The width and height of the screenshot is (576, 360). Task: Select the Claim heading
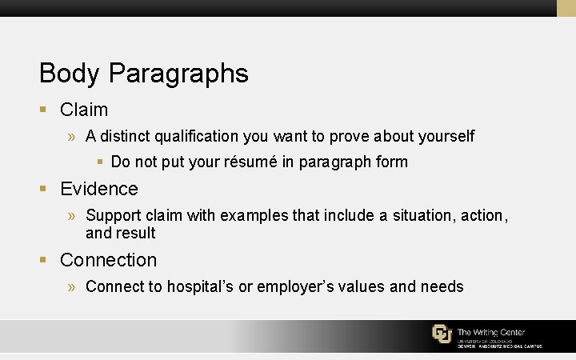coord(84,110)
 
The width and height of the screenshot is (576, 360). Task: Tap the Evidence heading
coord(99,189)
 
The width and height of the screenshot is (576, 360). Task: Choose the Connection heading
coord(109,260)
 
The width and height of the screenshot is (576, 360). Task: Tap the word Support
coord(112,216)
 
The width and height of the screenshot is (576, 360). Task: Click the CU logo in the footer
coord(442,334)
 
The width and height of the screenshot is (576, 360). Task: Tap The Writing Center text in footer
coord(491,331)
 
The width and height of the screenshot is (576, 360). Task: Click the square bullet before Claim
coord(45,110)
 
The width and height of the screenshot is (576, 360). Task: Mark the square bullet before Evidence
coord(45,189)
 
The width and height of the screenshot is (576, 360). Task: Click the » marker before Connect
coord(72,286)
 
